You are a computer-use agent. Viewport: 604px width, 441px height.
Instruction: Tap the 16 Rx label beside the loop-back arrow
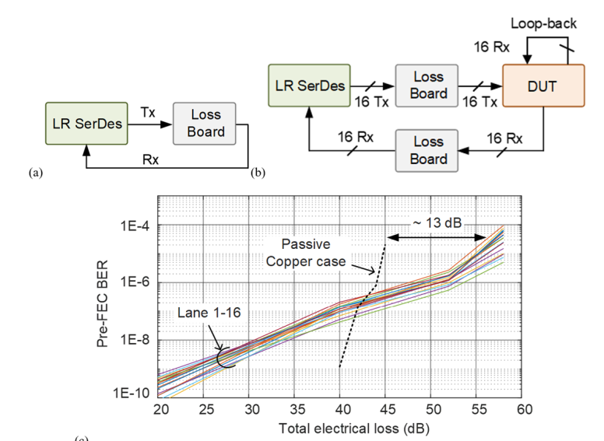(492, 47)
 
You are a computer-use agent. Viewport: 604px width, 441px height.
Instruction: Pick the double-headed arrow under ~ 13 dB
(432, 236)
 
